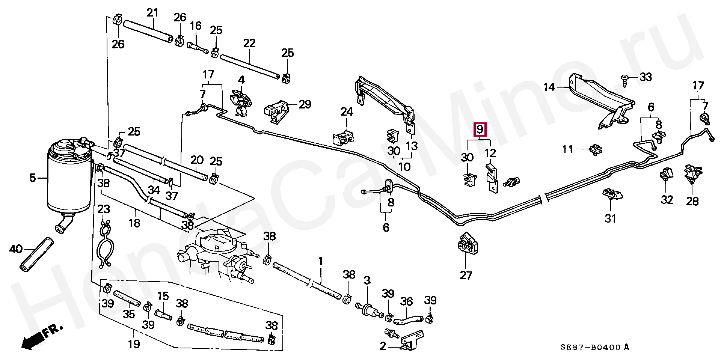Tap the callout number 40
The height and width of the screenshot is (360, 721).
click(x=15, y=249)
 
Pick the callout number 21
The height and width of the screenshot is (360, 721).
click(x=152, y=13)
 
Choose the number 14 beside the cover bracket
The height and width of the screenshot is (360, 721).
click(x=549, y=87)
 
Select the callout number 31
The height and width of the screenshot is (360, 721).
click(x=611, y=218)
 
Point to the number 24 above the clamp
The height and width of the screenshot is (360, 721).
click(x=347, y=111)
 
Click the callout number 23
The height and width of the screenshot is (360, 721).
click(x=104, y=209)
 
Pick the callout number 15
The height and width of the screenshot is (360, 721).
click(x=163, y=296)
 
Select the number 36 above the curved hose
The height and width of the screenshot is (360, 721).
click(x=406, y=301)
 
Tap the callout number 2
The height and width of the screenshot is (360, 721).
click(x=382, y=346)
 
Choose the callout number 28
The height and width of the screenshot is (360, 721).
click(x=692, y=201)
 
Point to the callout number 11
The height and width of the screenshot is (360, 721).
click(x=568, y=149)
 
